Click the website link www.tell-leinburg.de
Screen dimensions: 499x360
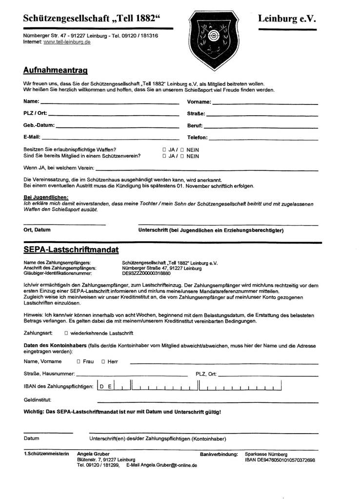tap(67, 42)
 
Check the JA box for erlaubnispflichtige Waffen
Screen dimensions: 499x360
tap(165, 149)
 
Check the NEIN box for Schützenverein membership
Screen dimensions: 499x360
tap(182, 156)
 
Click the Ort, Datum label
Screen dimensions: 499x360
tap(37, 229)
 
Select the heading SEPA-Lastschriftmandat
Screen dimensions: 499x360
tap(71, 250)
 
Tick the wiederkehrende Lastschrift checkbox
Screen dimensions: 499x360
tap(66, 333)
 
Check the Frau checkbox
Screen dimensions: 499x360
tap(79, 362)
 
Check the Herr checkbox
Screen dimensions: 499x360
tap(103, 362)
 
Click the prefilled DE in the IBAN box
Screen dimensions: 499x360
tap(105, 387)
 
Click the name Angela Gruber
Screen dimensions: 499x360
tap(93, 454)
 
